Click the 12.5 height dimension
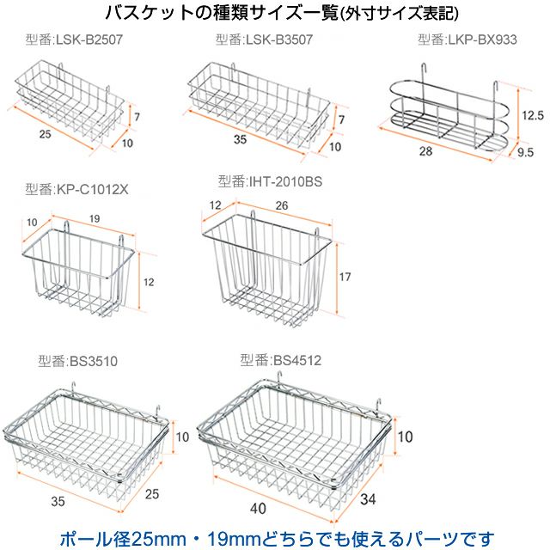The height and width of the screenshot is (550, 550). tap(533, 115)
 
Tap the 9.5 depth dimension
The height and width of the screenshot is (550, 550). tap(525, 152)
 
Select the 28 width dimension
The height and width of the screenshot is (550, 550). tap(426, 151)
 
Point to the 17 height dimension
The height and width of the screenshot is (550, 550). tap(345, 277)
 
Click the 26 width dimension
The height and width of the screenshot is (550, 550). tap(282, 205)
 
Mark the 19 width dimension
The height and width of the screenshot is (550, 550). tap(95, 219)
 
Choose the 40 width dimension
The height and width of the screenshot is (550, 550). tap(258, 509)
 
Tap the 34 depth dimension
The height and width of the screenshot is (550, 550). tap(368, 499)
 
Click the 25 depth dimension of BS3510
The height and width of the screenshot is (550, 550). tap(152, 494)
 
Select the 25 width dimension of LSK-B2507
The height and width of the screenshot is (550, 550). tap(45, 134)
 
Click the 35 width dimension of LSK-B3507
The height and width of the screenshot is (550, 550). tap(241, 139)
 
